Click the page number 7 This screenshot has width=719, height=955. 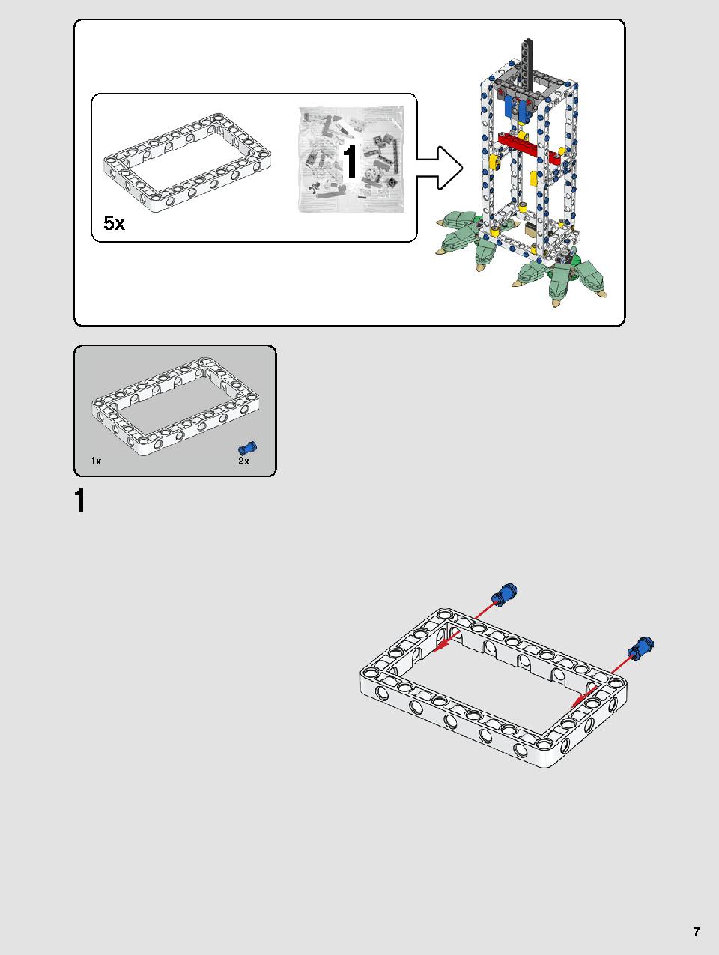tap(697, 932)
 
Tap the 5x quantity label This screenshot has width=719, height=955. tap(114, 223)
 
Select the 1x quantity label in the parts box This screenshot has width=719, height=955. tap(96, 461)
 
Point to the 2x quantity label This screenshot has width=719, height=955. tap(243, 461)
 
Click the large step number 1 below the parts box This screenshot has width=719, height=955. tap(79, 500)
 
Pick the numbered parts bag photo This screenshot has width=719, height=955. tap(351, 160)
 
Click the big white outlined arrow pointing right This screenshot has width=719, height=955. tap(440, 168)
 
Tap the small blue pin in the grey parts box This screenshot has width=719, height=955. tap(247, 448)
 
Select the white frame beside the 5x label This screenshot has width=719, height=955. tap(187, 163)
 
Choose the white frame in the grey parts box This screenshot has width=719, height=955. tap(175, 405)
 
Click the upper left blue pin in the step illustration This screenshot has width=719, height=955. tap(504, 594)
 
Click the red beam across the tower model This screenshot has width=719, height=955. tap(529, 148)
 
